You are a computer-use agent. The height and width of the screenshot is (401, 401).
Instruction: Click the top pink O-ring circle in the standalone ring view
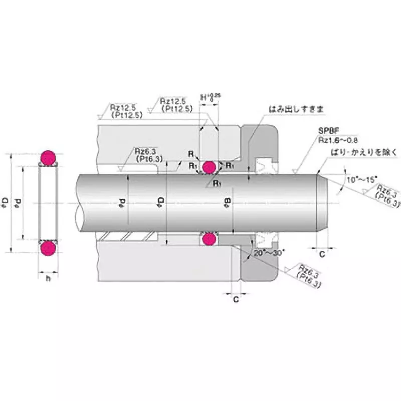[x=48, y=157]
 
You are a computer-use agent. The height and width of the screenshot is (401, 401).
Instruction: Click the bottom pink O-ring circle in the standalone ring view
[x=48, y=248]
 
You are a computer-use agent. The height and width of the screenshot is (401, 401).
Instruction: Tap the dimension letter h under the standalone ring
[x=48, y=278]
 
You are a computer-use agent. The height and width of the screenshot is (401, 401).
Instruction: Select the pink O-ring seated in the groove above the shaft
[x=210, y=167]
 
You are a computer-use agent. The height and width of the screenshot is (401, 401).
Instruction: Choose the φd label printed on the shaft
[x=121, y=203]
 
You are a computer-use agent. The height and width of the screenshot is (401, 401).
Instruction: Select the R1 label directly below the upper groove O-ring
[x=217, y=184]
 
